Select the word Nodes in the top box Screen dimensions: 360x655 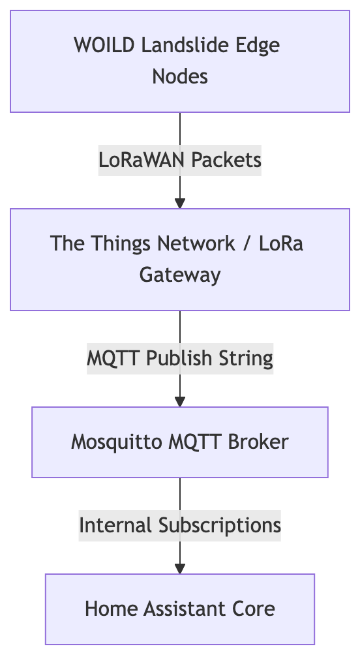coord(180,77)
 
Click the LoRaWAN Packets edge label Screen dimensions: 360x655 coord(180,160)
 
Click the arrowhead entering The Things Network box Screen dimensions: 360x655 coord(180,204)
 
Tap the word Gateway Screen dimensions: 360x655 coord(180,275)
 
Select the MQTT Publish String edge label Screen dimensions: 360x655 coord(180,358)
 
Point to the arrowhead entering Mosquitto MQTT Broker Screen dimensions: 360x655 coord(180,402)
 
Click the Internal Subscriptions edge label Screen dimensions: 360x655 coord(180,526)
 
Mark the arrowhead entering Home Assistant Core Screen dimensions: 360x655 coord(180,569)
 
